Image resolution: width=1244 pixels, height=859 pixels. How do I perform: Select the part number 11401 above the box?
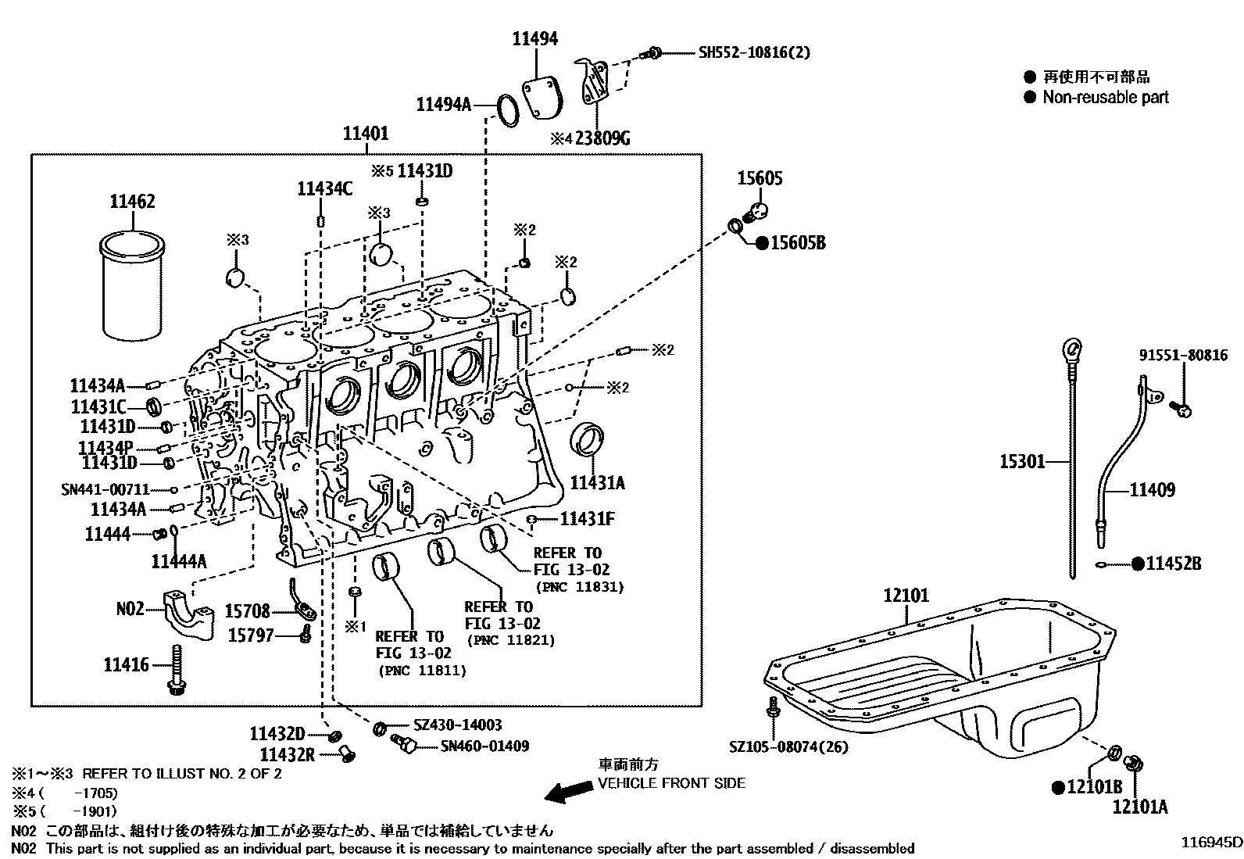[365, 134]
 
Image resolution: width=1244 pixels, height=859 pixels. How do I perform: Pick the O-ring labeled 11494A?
[508, 110]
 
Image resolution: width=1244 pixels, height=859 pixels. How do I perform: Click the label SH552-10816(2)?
[753, 52]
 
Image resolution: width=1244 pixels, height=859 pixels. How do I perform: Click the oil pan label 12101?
[906, 596]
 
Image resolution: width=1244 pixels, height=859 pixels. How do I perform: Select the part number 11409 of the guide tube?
[1152, 490]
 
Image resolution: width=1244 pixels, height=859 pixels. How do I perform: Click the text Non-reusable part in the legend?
[1105, 97]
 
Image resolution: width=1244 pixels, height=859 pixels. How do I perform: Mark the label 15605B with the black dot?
[797, 243]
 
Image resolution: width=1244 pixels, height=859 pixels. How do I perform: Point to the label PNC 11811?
[421, 671]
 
